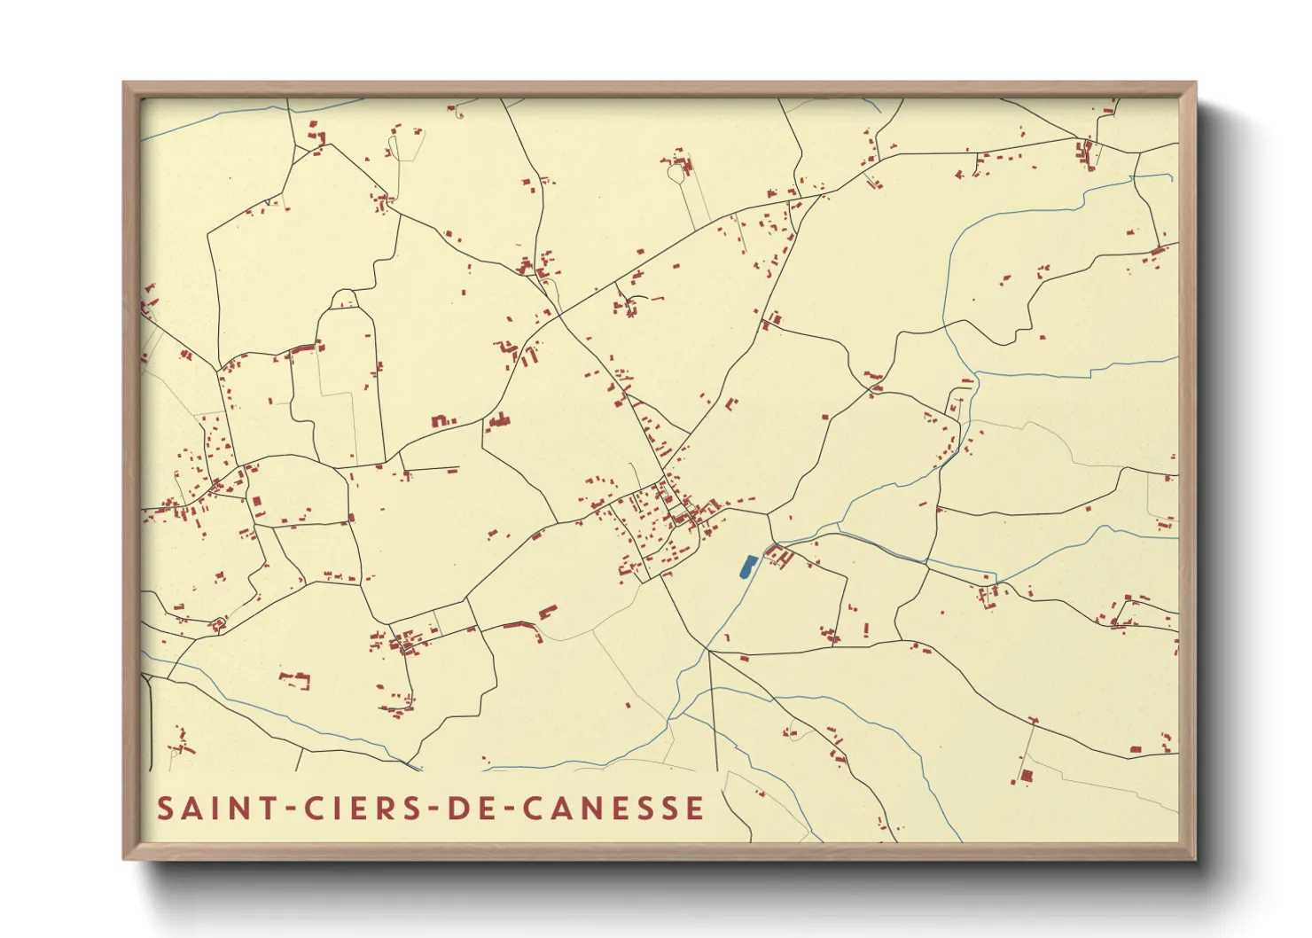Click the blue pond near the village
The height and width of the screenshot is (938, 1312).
click(x=747, y=567)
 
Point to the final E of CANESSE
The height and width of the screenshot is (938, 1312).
click(x=695, y=809)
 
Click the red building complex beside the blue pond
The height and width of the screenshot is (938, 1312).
click(x=779, y=558)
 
